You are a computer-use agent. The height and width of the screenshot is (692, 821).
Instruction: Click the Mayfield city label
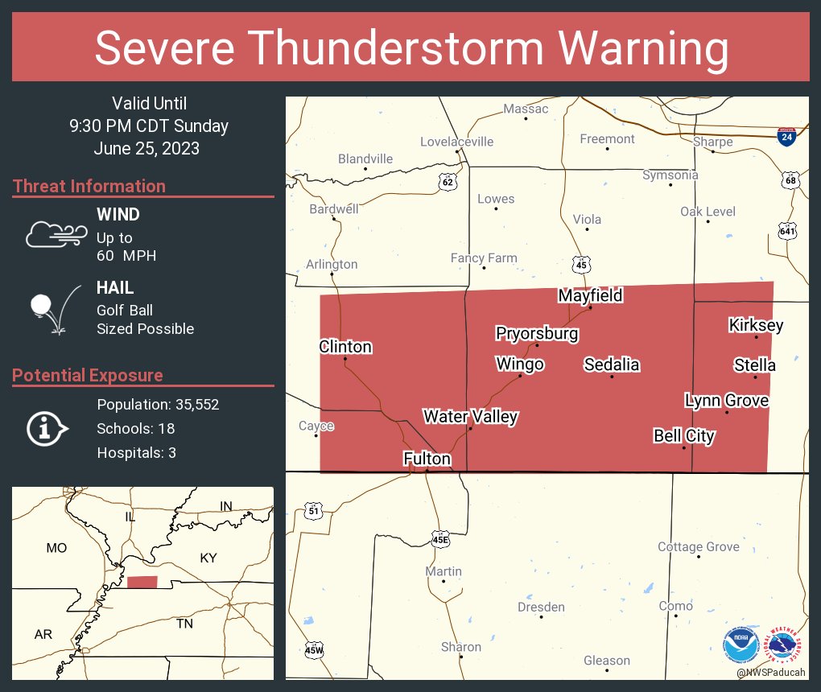click(591, 295)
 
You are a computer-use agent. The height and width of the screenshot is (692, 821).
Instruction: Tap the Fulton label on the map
click(427, 459)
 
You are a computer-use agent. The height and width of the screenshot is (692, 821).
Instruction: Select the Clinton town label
click(345, 347)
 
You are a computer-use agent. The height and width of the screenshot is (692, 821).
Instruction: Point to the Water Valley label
click(471, 416)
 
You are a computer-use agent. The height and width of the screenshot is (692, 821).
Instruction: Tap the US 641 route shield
click(787, 231)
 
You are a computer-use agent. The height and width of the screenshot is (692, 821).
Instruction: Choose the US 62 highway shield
click(448, 182)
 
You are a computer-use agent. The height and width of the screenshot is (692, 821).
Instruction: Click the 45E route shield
click(439, 538)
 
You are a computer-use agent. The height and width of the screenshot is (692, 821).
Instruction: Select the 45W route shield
click(314, 650)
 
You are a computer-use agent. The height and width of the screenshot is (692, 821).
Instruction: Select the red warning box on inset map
click(142, 582)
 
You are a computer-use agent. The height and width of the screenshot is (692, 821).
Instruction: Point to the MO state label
click(56, 548)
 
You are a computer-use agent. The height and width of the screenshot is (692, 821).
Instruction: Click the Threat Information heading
click(89, 186)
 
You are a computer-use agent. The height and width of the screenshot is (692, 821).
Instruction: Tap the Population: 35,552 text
click(158, 404)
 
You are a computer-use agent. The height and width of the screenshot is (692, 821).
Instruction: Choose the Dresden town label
click(541, 607)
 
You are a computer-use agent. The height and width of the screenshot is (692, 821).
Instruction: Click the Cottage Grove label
click(698, 547)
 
